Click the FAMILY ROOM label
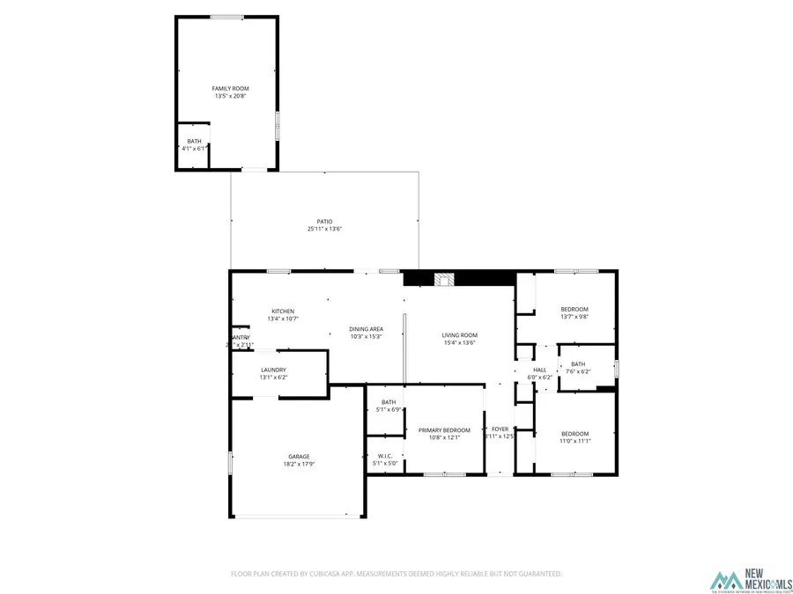coord(226,89)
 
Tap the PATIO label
coord(324,221)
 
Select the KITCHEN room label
coord(283,312)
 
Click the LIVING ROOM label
coord(459,335)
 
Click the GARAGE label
coord(298,456)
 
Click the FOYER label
coord(500,429)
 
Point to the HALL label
coord(540,370)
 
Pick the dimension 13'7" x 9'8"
coord(574,317)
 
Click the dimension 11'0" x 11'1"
coord(575,441)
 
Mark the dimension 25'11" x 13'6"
coord(324,229)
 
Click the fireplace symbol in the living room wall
coord(446,279)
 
